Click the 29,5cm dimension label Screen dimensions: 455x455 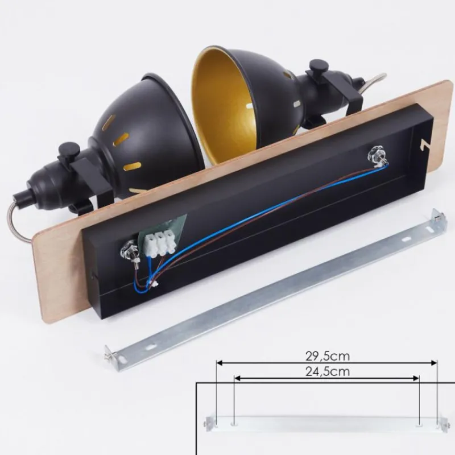328,356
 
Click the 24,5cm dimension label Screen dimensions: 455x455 328,371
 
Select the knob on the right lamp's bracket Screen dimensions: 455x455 318,66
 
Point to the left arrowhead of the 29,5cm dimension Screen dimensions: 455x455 220,363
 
